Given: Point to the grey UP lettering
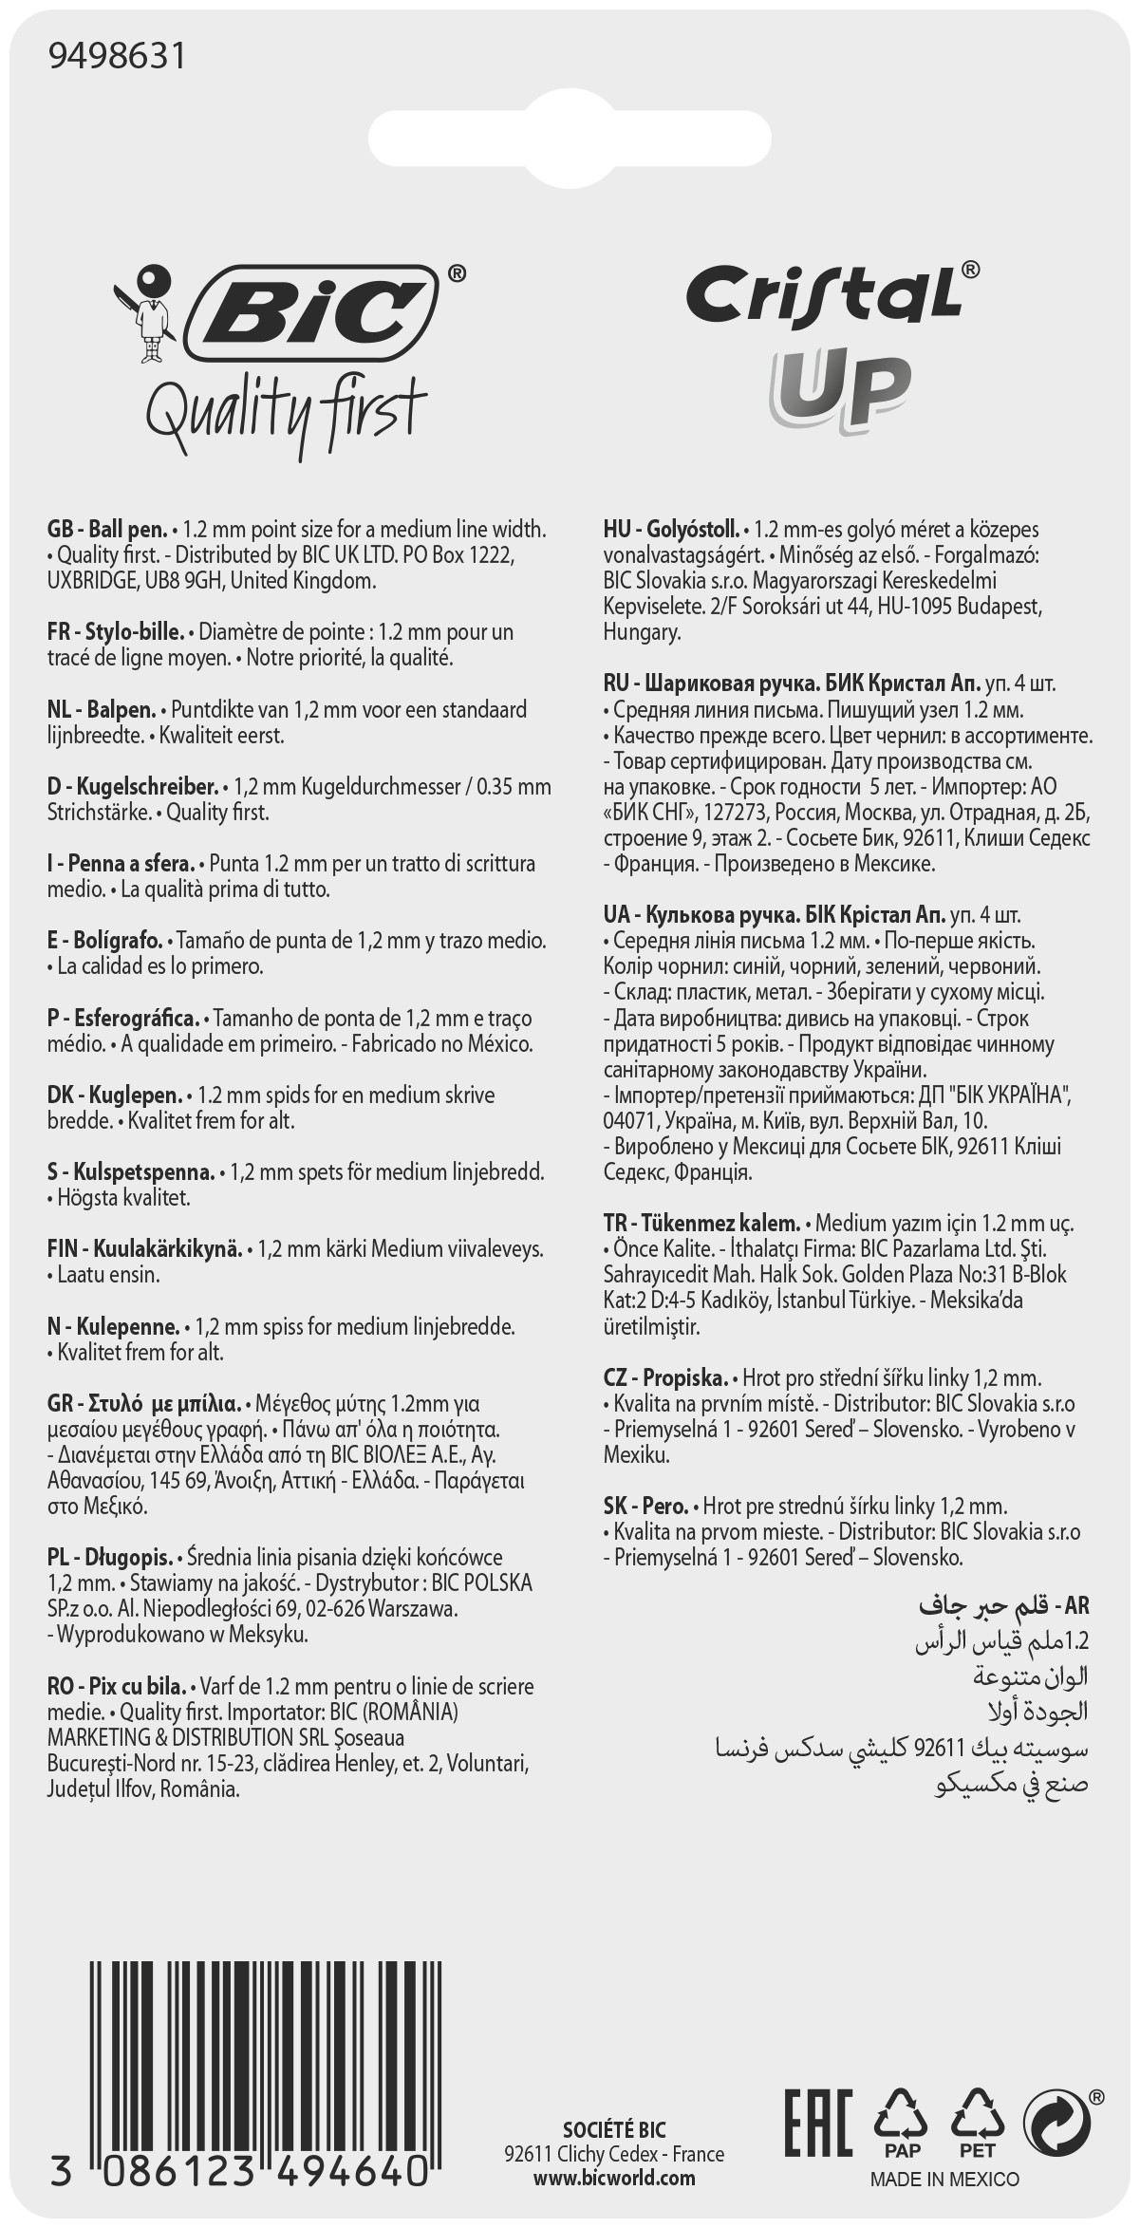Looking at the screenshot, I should pos(841,388).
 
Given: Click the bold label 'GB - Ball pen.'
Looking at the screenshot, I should pos(107,529).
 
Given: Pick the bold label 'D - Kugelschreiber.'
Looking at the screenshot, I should pos(131,787).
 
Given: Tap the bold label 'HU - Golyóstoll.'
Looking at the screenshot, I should pos(671,529).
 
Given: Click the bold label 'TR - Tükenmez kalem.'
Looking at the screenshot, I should pos(702,1223).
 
